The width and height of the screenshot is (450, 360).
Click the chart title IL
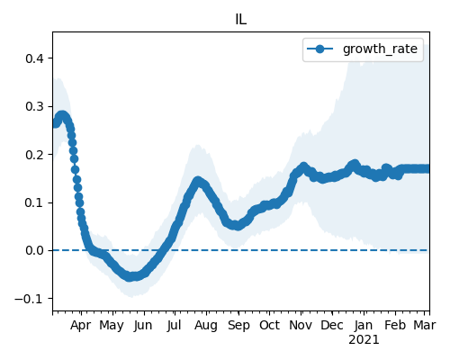[241, 20]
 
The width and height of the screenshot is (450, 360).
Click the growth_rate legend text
[380, 49]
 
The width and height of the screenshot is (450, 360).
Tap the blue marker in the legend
[319, 49]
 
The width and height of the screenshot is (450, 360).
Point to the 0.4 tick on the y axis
[34, 58]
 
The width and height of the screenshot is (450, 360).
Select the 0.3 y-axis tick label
[34, 106]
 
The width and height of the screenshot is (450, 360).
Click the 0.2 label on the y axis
[34, 155]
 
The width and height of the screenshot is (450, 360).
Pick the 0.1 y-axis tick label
[34, 202]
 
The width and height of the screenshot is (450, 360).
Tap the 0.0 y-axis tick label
[34, 250]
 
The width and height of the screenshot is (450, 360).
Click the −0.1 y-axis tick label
[29, 299]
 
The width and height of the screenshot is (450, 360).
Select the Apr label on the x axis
[81, 326]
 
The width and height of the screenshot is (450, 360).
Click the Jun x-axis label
[143, 326]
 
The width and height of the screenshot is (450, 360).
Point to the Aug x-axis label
[206, 326]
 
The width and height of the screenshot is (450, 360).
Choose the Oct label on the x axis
[269, 325]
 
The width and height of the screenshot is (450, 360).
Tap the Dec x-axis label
[332, 325]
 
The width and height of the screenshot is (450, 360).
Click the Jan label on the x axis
[364, 326]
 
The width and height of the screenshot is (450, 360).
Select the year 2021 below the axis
[364, 340]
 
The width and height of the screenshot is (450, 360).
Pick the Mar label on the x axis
[425, 325]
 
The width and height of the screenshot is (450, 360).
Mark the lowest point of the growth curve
[130, 277]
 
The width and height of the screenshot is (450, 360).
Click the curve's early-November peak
[303, 166]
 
